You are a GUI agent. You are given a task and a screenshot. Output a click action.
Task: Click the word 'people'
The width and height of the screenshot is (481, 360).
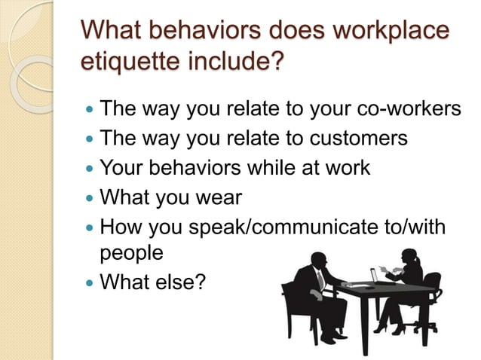click(x=131, y=254)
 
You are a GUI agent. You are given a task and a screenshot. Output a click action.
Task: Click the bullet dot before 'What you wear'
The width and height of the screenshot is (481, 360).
click(x=91, y=198)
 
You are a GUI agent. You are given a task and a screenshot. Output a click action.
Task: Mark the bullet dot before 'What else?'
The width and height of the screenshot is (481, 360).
click(x=91, y=284)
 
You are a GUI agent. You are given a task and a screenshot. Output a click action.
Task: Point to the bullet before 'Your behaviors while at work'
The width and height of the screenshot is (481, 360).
click(x=91, y=169)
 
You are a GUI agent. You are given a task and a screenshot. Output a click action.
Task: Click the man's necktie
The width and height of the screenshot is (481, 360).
click(x=320, y=280)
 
